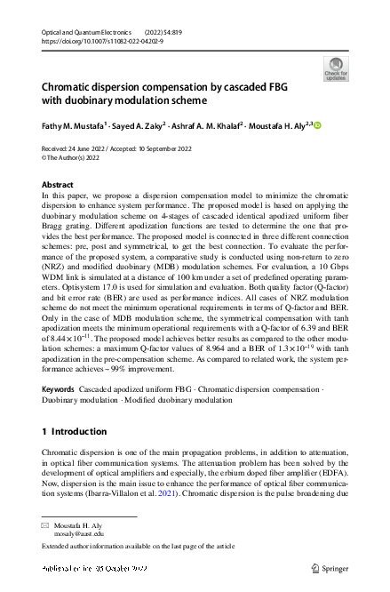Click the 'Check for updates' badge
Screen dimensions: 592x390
336,68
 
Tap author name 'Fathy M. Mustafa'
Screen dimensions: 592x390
75,126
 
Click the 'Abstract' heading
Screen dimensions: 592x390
58,184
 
